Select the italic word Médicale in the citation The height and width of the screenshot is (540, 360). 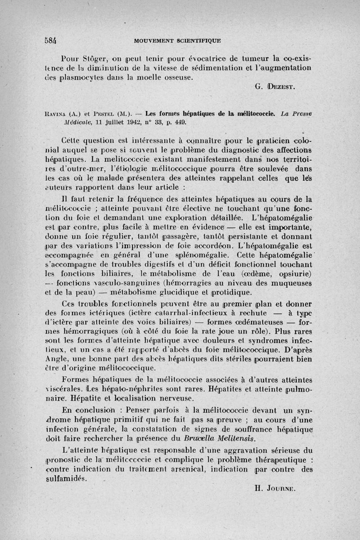click(64, 122)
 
